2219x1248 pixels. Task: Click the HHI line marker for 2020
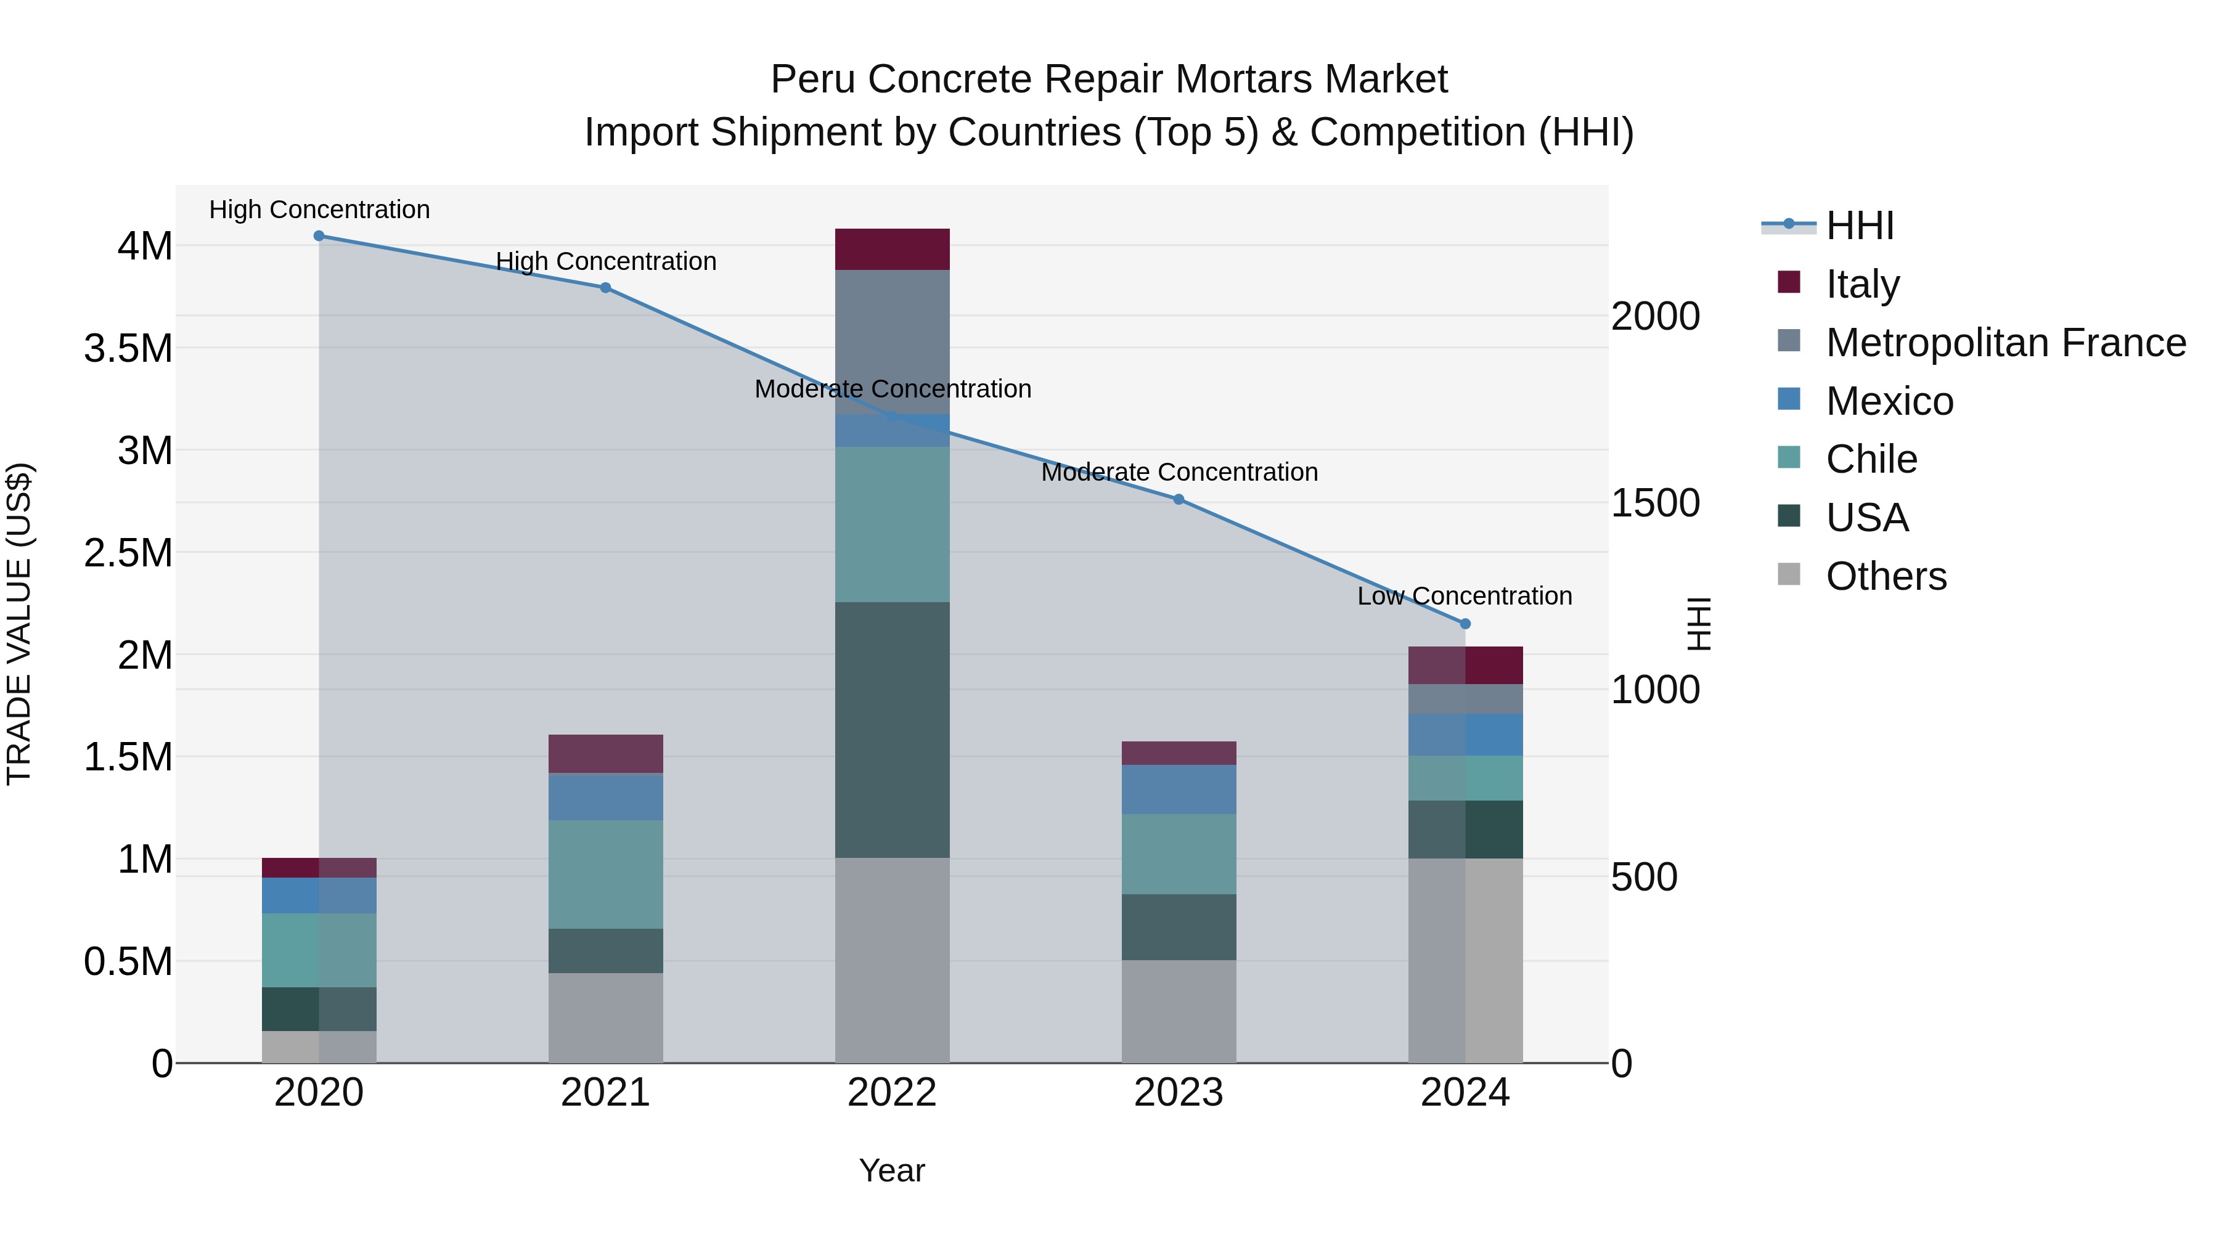[x=319, y=236]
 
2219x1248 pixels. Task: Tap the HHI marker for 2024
[x=1465, y=624]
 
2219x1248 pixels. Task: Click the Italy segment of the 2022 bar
[x=893, y=250]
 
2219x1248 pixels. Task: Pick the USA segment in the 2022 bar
[x=893, y=730]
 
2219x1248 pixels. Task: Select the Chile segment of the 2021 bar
[x=605, y=874]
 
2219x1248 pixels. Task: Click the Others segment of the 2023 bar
[x=1179, y=1011]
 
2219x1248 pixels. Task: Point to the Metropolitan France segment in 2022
[x=893, y=342]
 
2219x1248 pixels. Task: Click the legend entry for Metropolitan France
[x=2005, y=343]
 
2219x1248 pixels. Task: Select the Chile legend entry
[x=1871, y=459]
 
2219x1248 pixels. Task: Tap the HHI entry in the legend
[x=1859, y=226]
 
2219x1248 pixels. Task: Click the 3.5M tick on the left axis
[x=128, y=349]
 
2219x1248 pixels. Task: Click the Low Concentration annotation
[x=1465, y=596]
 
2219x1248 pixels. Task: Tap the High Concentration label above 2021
[x=605, y=261]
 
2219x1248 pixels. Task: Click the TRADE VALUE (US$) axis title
[x=20, y=624]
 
